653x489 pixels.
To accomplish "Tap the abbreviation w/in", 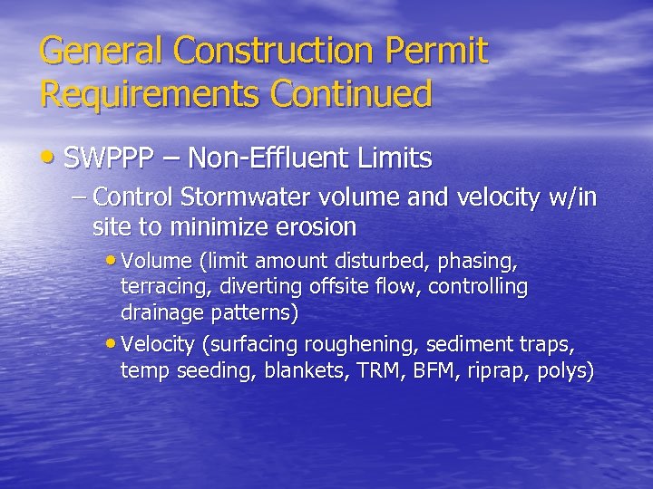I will (x=571, y=197).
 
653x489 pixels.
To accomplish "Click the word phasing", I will (x=478, y=262).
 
